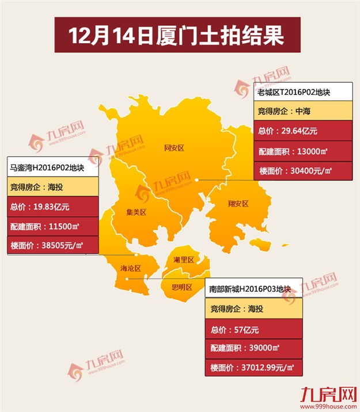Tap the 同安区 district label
[173, 148]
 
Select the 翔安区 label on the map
[238, 204]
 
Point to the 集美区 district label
[137, 212]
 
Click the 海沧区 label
[130, 268]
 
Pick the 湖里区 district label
[184, 260]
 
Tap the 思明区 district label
[181, 287]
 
